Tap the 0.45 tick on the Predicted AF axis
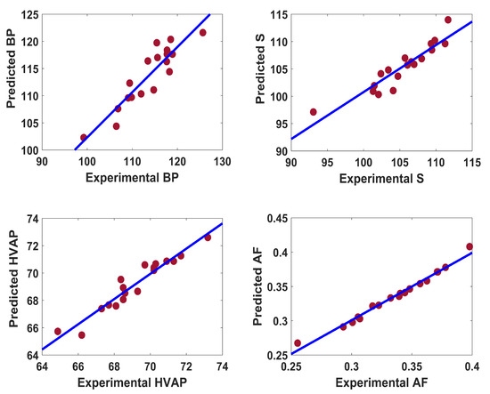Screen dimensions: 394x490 tap(278, 218)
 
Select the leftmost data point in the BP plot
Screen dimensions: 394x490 tap(84, 138)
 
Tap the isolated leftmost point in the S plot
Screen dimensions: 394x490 tap(313, 112)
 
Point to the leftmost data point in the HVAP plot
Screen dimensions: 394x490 tap(58, 331)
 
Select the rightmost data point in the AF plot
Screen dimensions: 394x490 tap(470, 246)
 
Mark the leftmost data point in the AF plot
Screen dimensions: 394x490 tap(298, 342)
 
